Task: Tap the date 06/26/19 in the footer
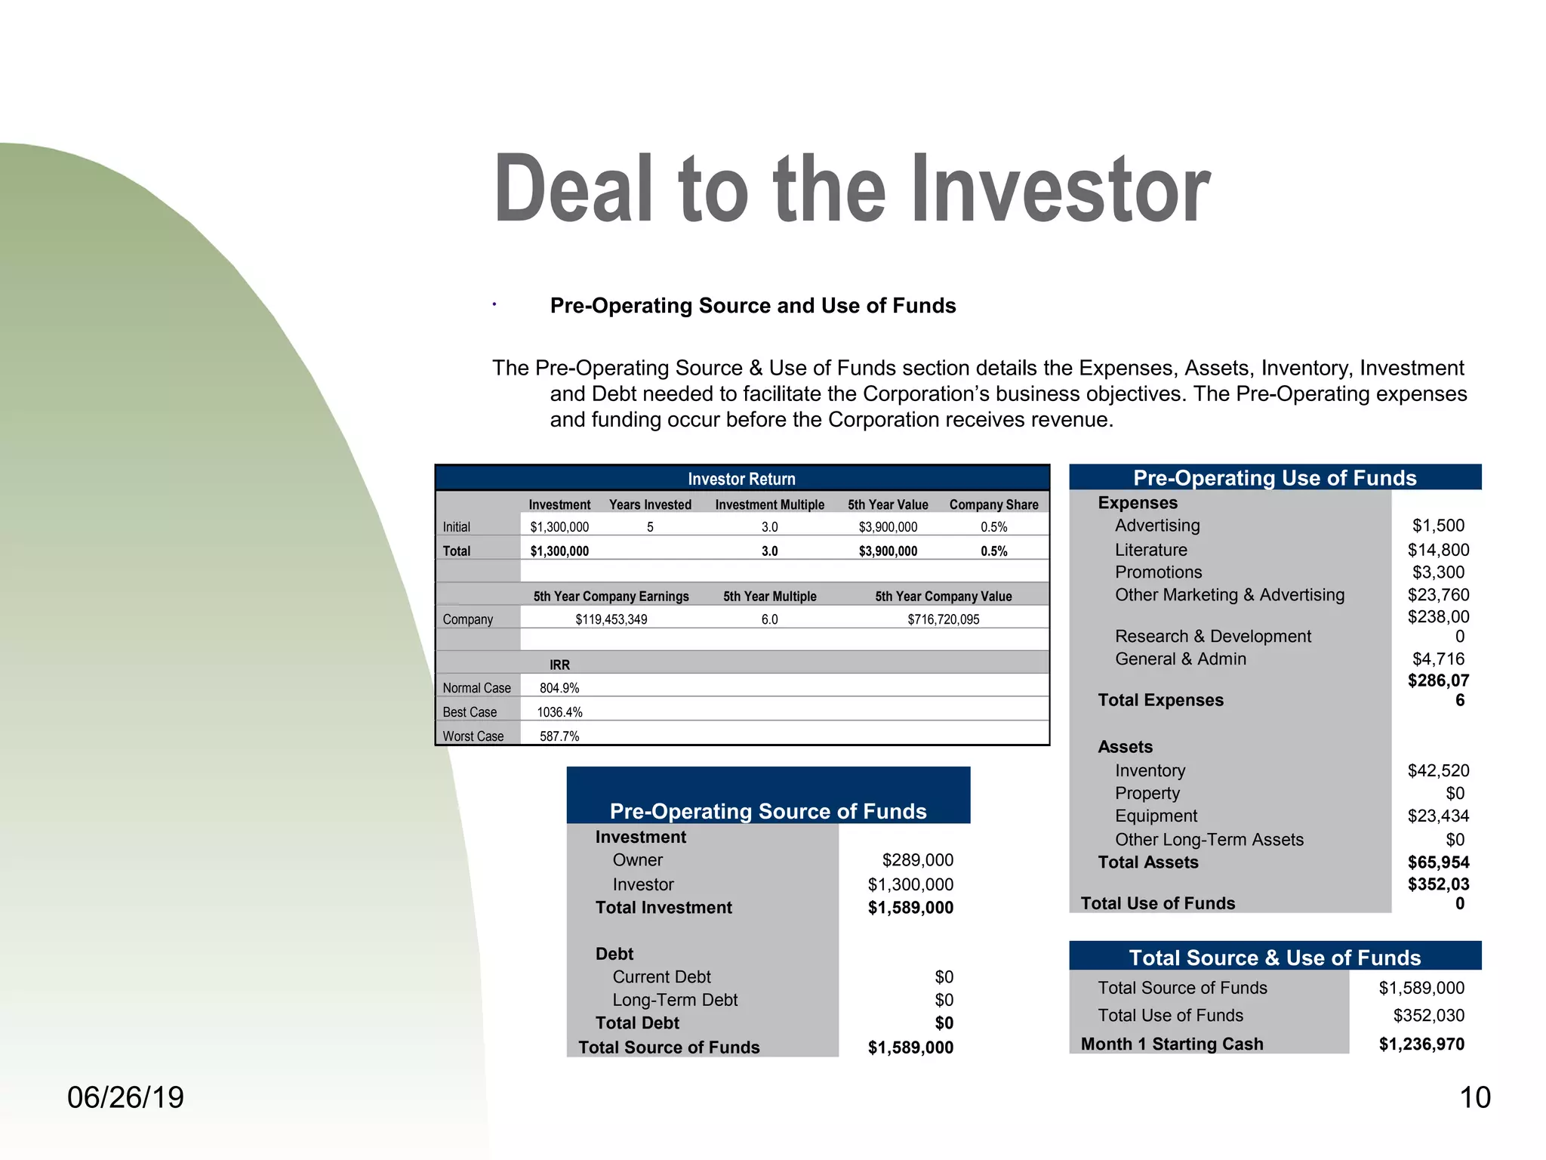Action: [125, 1097]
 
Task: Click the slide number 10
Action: [1475, 1097]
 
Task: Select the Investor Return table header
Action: [741, 479]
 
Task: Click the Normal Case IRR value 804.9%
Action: [559, 688]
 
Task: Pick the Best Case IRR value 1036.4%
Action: [559, 712]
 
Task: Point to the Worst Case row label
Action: [473, 736]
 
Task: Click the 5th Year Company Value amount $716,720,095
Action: [943, 619]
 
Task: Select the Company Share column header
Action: [993, 504]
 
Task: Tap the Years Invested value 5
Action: [650, 527]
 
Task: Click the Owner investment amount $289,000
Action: [917, 860]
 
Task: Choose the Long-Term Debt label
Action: [675, 1000]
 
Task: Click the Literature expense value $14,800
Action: [1438, 550]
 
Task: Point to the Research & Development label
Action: [1212, 637]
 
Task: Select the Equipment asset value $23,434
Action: [1438, 816]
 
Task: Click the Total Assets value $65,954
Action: [1438, 862]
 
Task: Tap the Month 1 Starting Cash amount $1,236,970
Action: [1421, 1044]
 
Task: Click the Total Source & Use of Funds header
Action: [1274, 958]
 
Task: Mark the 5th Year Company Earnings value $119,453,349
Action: [611, 619]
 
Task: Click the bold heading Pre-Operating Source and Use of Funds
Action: [753, 306]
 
